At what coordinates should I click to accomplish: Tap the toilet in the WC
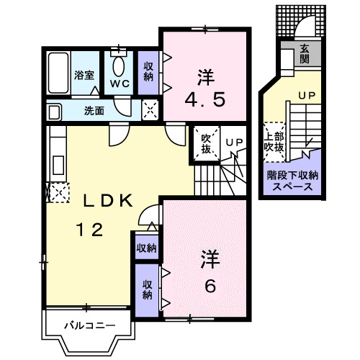click(x=119, y=68)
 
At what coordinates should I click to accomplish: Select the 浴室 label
click(x=85, y=74)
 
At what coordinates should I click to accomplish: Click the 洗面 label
click(x=94, y=111)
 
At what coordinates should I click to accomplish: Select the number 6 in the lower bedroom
click(x=210, y=285)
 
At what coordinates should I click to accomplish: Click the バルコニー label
click(x=89, y=325)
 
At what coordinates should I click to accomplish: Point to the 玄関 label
click(x=304, y=54)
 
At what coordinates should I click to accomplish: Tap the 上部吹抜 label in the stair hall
click(x=274, y=142)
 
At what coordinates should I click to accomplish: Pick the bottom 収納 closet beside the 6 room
click(x=147, y=289)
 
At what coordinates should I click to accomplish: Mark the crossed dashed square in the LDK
click(x=59, y=192)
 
